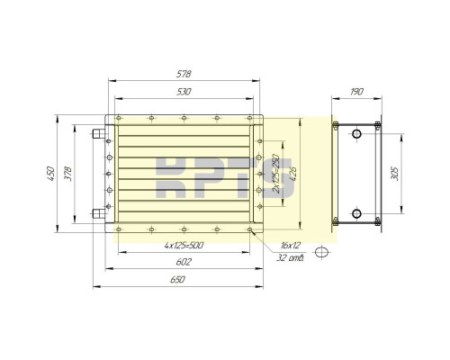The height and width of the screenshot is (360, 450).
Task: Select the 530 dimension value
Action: point(183,93)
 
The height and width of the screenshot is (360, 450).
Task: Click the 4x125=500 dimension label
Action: point(183,245)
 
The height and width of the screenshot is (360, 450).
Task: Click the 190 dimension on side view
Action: point(357,93)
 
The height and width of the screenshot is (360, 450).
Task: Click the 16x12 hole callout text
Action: point(290,244)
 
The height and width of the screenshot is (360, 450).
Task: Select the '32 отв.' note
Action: point(290,258)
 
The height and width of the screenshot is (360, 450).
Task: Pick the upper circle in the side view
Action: point(356,134)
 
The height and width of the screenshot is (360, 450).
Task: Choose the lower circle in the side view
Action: point(356,213)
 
